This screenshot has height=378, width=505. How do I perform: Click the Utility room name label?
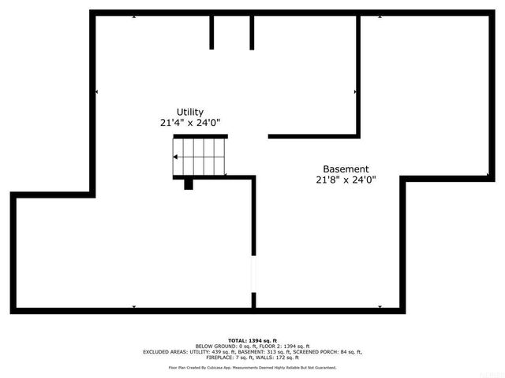[189, 112]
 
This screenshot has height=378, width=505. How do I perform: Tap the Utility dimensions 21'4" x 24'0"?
[189, 123]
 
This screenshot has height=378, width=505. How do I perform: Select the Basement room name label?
[346, 169]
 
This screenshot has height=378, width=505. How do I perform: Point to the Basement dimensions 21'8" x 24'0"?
[346, 180]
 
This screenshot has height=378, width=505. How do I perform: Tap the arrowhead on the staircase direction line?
[175, 157]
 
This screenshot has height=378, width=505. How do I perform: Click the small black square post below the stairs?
[189, 184]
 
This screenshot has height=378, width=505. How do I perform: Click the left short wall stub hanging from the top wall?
[211, 31]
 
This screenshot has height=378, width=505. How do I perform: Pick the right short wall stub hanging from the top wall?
[252, 31]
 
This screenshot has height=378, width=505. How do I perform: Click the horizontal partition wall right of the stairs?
[313, 136]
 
